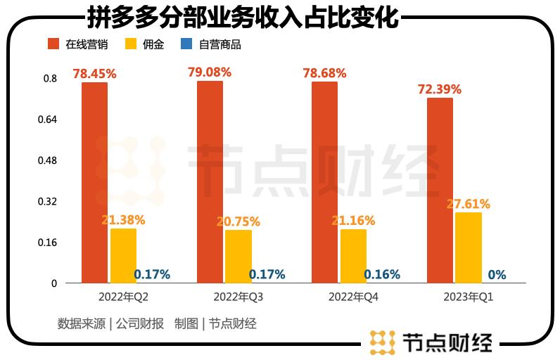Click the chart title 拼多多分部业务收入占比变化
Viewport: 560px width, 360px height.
coord(242,17)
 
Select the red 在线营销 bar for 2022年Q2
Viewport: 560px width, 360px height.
coord(94,183)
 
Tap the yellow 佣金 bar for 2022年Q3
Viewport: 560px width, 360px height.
coord(238,256)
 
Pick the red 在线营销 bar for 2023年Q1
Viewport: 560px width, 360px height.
coord(440,191)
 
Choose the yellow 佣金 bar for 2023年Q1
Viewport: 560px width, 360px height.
coord(468,247)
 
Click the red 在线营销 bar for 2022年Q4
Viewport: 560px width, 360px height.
coord(324,183)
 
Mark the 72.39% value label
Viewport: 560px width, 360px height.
coord(440,89)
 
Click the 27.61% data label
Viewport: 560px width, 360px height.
coord(469,204)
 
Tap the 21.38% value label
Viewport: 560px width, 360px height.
coord(123,220)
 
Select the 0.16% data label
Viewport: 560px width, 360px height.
coord(382,274)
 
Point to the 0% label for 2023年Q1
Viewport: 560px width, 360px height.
coord(497,274)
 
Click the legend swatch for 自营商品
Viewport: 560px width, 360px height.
coord(186,44)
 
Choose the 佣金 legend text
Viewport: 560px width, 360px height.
coord(153,44)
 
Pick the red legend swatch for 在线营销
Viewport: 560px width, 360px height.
coord(53,44)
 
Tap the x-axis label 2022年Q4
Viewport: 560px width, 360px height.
coord(353,297)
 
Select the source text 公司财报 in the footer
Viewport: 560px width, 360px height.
coord(140,324)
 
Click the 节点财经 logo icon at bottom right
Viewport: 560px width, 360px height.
coord(383,342)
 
